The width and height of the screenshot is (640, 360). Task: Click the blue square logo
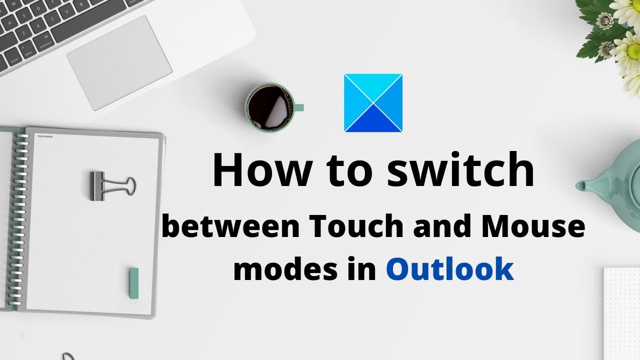373,103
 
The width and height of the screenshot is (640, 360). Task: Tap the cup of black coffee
268,106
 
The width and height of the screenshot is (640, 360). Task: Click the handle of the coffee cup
298,107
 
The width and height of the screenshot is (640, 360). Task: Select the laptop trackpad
119,62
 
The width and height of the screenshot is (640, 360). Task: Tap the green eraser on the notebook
133,283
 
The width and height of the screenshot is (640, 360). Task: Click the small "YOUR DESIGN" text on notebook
45,135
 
